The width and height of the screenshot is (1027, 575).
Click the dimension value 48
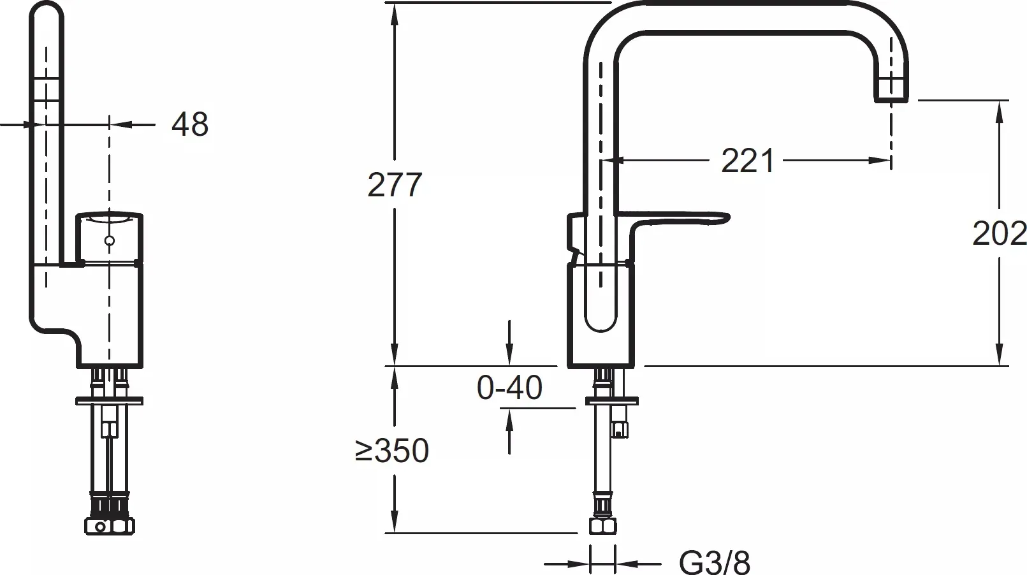click(x=190, y=124)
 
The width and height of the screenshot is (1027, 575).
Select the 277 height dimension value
click(x=395, y=185)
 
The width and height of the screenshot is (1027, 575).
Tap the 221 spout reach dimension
click(x=748, y=161)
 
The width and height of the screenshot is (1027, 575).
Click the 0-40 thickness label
click(x=509, y=387)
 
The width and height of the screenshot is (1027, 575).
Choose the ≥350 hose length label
click(x=392, y=450)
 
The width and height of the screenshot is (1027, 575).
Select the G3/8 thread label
click(x=714, y=562)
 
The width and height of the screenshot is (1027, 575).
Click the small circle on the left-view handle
click(x=109, y=241)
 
